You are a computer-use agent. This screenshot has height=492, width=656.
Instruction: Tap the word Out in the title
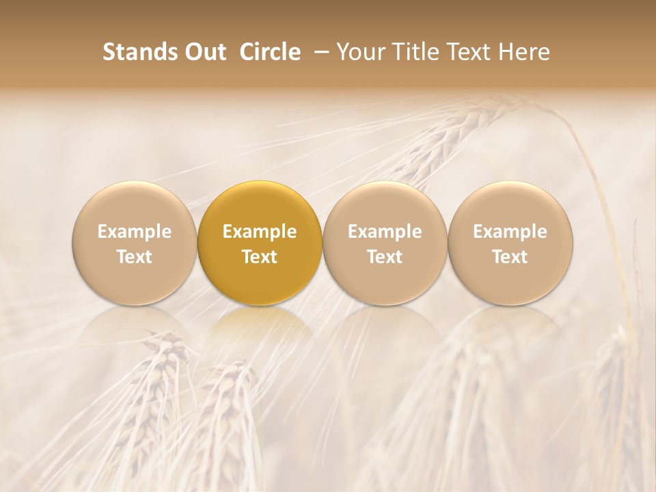[204, 52]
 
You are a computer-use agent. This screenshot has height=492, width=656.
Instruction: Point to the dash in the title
[319, 52]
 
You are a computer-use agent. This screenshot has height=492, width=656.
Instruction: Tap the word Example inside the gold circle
[260, 232]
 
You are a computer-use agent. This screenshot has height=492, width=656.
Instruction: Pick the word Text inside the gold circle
[260, 257]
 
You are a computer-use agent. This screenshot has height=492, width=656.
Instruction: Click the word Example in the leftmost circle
[134, 232]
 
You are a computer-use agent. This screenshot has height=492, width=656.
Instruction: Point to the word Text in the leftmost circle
[134, 257]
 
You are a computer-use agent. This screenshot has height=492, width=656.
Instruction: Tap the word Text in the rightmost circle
[510, 257]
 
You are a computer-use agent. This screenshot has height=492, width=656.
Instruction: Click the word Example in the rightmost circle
[510, 232]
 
